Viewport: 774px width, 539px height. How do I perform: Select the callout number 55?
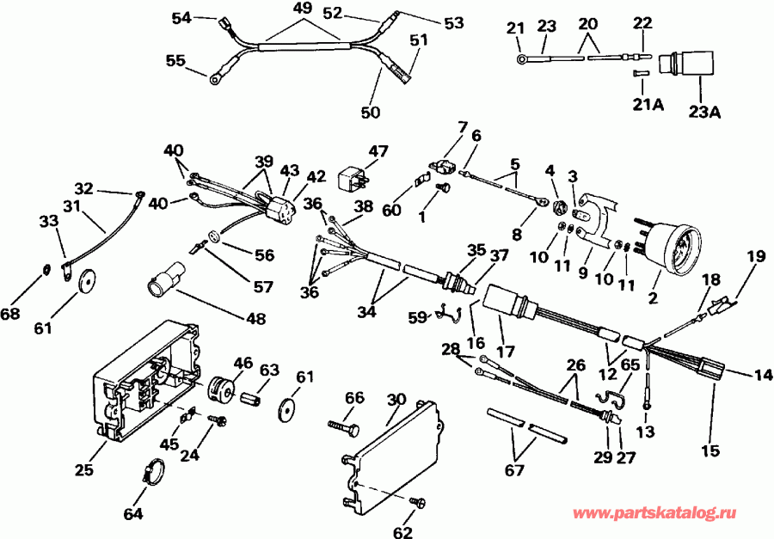click(175, 60)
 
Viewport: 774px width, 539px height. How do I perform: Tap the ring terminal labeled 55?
click(214, 79)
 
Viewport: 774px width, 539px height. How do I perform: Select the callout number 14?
click(764, 375)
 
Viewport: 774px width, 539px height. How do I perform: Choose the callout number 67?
click(514, 469)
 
